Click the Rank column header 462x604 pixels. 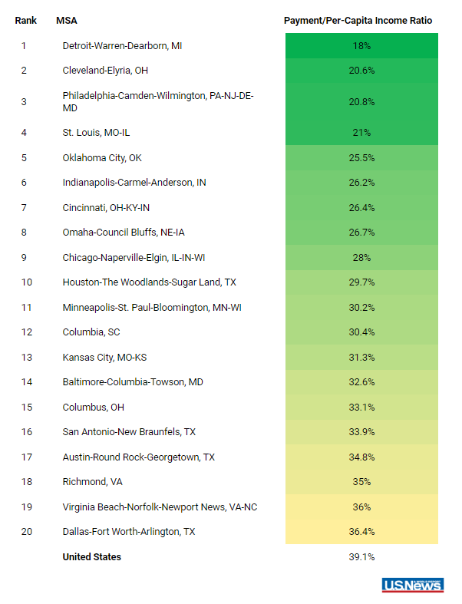(x=26, y=21)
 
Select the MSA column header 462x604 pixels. (x=67, y=21)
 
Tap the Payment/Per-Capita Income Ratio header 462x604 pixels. (x=358, y=21)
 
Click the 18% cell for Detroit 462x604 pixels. (x=361, y=46)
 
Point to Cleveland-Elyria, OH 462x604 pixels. (x=105, y=71)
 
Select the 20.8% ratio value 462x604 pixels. (x=361, y=102)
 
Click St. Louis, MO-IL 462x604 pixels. (x=97, y=133)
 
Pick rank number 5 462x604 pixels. (x=24, y=158)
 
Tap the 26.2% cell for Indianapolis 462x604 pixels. (x=361, y=182)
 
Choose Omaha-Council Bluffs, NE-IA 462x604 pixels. (x=124, y=233)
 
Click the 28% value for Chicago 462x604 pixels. (x=361, y=258)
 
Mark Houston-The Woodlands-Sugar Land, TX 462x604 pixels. (x=150, y=282)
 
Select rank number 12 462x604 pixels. (x=27, y=332)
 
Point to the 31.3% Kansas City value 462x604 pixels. (x=361, y=358)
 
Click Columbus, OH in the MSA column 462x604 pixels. (x=94, y=408)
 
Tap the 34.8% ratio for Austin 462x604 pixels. (x=361, y=457)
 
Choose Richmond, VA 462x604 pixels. (x=93, y=482)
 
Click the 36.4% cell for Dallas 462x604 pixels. (x=361, y=532)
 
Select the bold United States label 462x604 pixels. (x=91, y=557)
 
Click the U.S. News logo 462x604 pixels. (x=413, y=585)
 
